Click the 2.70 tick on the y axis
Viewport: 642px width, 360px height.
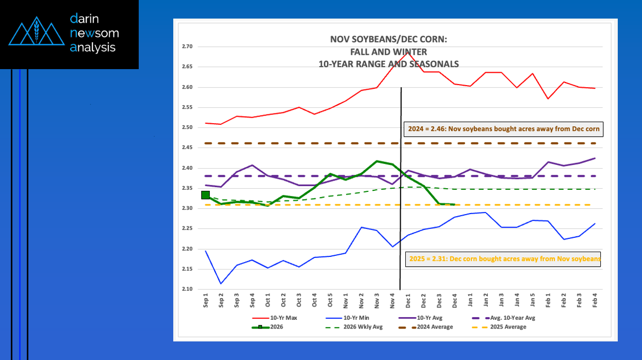click(x=187, y=46)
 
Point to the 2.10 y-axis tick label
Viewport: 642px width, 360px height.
click(x=187, y=289)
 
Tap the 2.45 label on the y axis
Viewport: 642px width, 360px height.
click(x=187, y=148)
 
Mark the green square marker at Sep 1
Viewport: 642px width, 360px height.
click(x=205, y=194)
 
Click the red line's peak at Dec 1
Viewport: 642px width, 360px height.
click(x=408, y=52)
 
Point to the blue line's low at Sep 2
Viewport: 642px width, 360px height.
click(x=221, y=284)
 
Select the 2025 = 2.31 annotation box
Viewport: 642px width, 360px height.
click(x=504, y=259)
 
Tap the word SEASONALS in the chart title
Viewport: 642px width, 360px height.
click(x=424, y=64)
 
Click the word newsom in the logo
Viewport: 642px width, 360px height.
click(x=95, y=34)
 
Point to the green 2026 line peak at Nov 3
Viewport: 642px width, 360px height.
click(x=377, y=161)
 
